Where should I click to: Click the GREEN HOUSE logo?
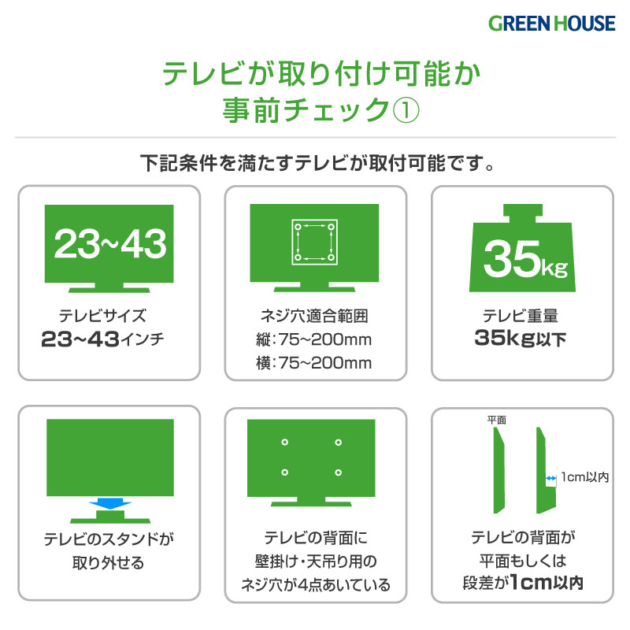coord(552,24)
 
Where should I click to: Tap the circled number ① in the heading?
coord(406,109)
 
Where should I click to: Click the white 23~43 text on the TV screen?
coord(109,243)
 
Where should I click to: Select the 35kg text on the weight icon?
coord(525,258)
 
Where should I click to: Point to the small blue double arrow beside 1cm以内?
coord(550,478)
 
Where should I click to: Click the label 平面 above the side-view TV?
coord(497,421)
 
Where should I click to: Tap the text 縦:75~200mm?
coord(313,339)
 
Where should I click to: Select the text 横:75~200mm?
coord(313,363)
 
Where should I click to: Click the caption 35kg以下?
coord(521,339)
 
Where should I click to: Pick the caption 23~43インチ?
coord(102,339)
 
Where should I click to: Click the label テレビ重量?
coord(521,316)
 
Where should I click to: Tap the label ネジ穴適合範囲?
coord(313,316)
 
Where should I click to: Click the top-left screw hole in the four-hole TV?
coord(285,443)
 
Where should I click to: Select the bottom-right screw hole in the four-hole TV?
coord(339,472)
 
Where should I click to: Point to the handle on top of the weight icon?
coord(523,213)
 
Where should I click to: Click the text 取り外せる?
coord(109,562)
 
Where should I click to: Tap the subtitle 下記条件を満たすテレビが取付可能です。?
coord(317,163)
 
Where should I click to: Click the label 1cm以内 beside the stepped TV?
coord(585,477)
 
